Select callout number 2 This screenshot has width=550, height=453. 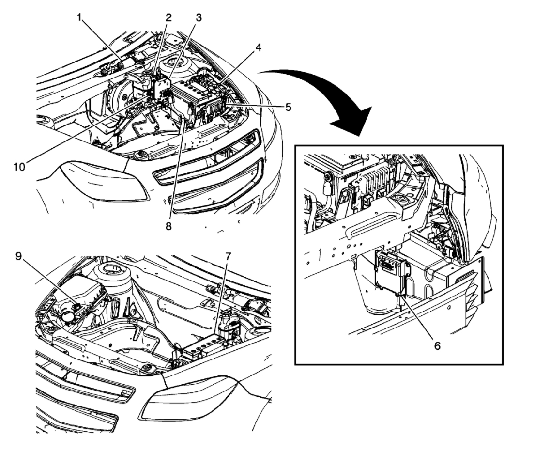[168, 18]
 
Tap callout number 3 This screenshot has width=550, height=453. [199, 18]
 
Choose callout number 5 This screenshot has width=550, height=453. [288, 107]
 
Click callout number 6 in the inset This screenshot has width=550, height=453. [437, 346]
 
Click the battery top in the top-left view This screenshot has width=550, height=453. [194, 92]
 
